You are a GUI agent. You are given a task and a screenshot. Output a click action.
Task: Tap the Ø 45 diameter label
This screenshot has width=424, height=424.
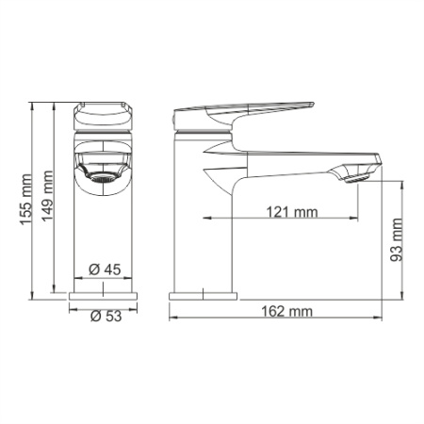coord(106,270)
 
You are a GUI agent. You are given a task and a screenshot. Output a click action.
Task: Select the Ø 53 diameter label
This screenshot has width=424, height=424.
coord(106,316)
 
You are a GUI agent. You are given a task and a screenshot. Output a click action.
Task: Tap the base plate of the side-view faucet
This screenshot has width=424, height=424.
coord(204,297)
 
